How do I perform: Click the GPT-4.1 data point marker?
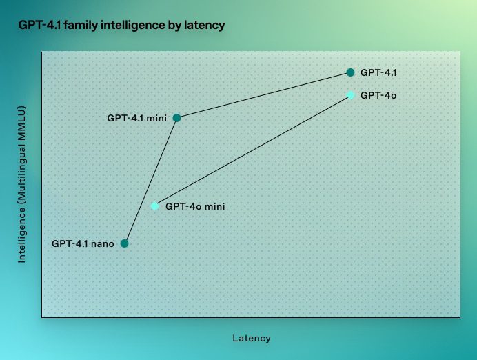pos(350,72)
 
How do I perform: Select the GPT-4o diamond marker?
pos(351,94)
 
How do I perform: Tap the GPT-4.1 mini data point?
pos(176,118)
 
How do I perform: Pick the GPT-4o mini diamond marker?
pos(155,206)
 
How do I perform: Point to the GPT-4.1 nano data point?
pos(125,243)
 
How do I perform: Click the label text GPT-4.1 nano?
pos(83,243)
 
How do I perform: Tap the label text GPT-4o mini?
pos(195,206)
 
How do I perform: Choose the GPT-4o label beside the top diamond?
pos(378,94)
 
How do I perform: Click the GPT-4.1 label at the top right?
pos(378,72)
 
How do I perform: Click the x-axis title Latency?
pos(251,339)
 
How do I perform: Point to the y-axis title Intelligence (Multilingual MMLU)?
pos(21,184)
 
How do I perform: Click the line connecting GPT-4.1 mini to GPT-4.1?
pos(263,95)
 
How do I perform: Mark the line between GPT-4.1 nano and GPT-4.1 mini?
pos(150,181)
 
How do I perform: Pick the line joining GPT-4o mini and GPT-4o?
pos(253,150)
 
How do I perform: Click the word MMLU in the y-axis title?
pos(21,123)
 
